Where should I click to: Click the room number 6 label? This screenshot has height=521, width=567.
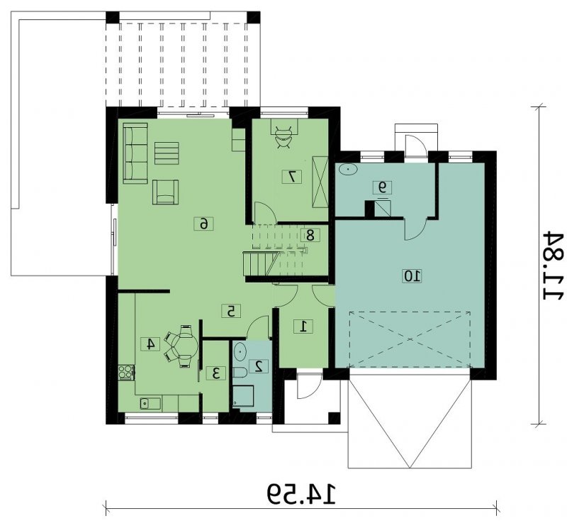coord(204,224)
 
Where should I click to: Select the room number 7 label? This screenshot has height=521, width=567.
coord(292,176)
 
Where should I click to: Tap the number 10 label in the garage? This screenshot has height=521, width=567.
coord(412,276)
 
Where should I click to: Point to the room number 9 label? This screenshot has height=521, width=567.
coord(382,187)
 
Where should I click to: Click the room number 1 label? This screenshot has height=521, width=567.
coord(304,327)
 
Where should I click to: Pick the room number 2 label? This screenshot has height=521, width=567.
coord(259,366)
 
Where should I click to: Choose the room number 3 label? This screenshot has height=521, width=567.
coord(216,373)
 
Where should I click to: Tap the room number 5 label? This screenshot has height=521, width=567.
coord(231,311)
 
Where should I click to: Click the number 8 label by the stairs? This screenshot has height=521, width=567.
coord(310,236)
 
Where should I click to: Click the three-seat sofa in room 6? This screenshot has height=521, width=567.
coord(135,153)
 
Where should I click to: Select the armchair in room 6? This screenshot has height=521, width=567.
coord(165,192)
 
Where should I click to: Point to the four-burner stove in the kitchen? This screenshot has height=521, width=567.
coord(126,372)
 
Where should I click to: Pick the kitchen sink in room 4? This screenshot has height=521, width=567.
coord(150,403)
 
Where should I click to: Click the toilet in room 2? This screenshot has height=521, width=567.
coord(240,372)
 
